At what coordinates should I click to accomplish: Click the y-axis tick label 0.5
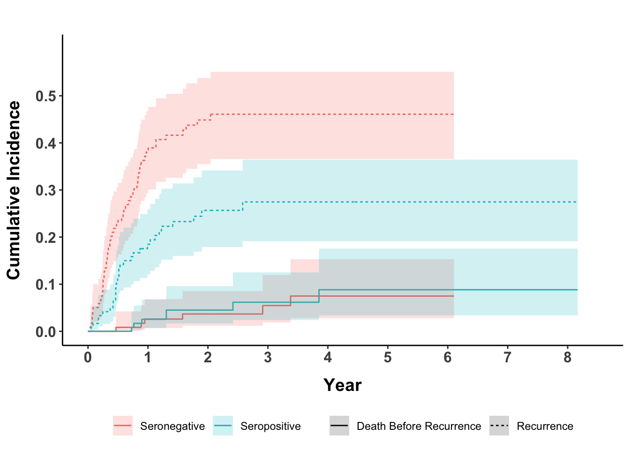tap(45, 97)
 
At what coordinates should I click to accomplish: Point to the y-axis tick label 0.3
tap(45, 191)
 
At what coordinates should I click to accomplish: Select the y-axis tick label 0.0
tap(45, 332)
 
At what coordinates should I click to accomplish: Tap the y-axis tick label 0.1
tap(45, 285)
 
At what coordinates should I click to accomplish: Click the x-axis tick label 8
tap(568, 358)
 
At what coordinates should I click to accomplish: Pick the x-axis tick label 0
tap(88, 358)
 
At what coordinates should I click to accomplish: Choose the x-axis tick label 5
tap(388, 358)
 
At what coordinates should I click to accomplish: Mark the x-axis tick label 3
tap(268, 358)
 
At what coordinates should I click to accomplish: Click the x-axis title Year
tap(343, 385)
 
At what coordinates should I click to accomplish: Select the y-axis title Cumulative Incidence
tap(14, 190)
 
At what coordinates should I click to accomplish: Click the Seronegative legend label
tap(172, 427)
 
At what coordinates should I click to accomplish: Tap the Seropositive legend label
tap(270, 427)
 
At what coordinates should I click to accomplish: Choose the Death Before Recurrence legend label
tap(419, 427)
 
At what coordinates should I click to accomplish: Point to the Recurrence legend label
tap(545, 427)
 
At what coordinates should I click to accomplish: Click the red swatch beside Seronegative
tap(123, 426)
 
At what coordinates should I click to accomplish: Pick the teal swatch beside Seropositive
tap(223, 426)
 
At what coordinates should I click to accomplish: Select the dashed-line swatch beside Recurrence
tap(499, 426)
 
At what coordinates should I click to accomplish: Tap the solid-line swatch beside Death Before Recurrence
tap(339, 426)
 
